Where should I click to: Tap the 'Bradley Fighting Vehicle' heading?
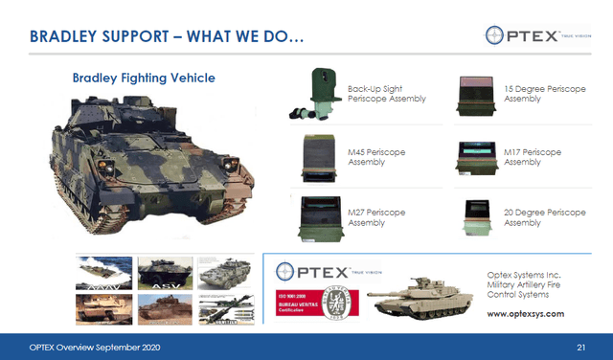(144, 78)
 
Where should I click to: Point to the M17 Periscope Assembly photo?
(476, 155)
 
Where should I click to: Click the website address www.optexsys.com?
(525, 313)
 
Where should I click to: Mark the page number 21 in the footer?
(580, 345)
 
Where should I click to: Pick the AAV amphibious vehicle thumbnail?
(104, 274)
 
